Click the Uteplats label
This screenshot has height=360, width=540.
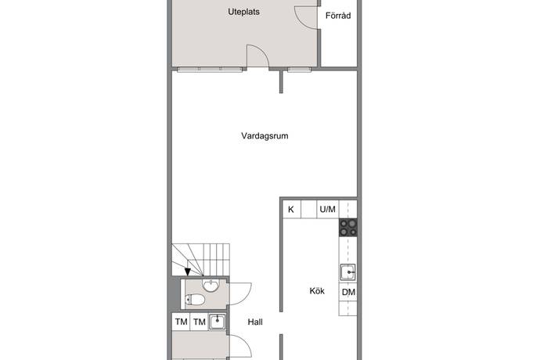[x=243, y=12]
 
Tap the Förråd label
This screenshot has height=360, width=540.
[x=338, y=16]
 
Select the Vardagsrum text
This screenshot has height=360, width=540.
[x=265, y=136]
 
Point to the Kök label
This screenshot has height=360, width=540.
[x=317, y=291]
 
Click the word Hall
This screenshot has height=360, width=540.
[x=255, y=322]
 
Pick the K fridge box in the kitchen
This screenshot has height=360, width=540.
[x=292, y=209]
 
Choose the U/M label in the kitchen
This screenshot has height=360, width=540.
[x=327, y=209]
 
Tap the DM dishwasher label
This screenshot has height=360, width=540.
[x=348, y=293]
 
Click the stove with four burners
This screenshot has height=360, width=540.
[x=347, y=228]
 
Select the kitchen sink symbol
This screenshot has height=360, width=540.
[x=348, y=272]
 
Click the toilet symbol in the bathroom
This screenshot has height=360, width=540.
[x=195, y=300]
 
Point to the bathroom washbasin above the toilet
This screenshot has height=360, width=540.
[x=210, y=285]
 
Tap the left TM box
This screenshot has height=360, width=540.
[x=181, y=322]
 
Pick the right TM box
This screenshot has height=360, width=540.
[x=199, y=322]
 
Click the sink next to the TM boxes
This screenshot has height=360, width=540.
[x=218, y=322]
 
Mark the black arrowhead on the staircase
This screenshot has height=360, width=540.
[x=187, y=272]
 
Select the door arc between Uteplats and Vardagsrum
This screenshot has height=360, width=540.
[x=260, y=52]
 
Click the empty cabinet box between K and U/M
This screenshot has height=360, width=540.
[x=309, y=209]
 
